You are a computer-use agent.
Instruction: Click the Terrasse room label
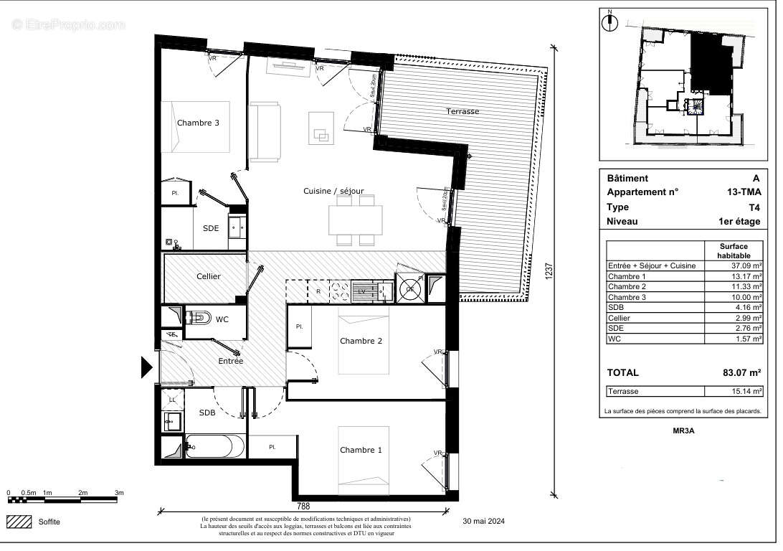462,111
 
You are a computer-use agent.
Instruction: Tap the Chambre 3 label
198,123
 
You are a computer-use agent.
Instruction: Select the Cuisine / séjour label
333,191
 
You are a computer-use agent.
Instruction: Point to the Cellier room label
209,276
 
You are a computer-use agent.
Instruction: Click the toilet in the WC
196,316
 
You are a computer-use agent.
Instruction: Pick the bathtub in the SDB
215,447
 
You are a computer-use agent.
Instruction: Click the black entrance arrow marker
146,367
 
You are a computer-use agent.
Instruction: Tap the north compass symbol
610,22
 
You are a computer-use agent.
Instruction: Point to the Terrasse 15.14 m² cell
734,391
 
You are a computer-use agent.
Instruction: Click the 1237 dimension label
549,270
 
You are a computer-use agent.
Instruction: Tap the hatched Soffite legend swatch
19,522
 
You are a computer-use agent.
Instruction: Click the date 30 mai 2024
484,522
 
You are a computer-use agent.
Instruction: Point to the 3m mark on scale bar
120,493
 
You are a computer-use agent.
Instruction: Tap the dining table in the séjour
356,220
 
